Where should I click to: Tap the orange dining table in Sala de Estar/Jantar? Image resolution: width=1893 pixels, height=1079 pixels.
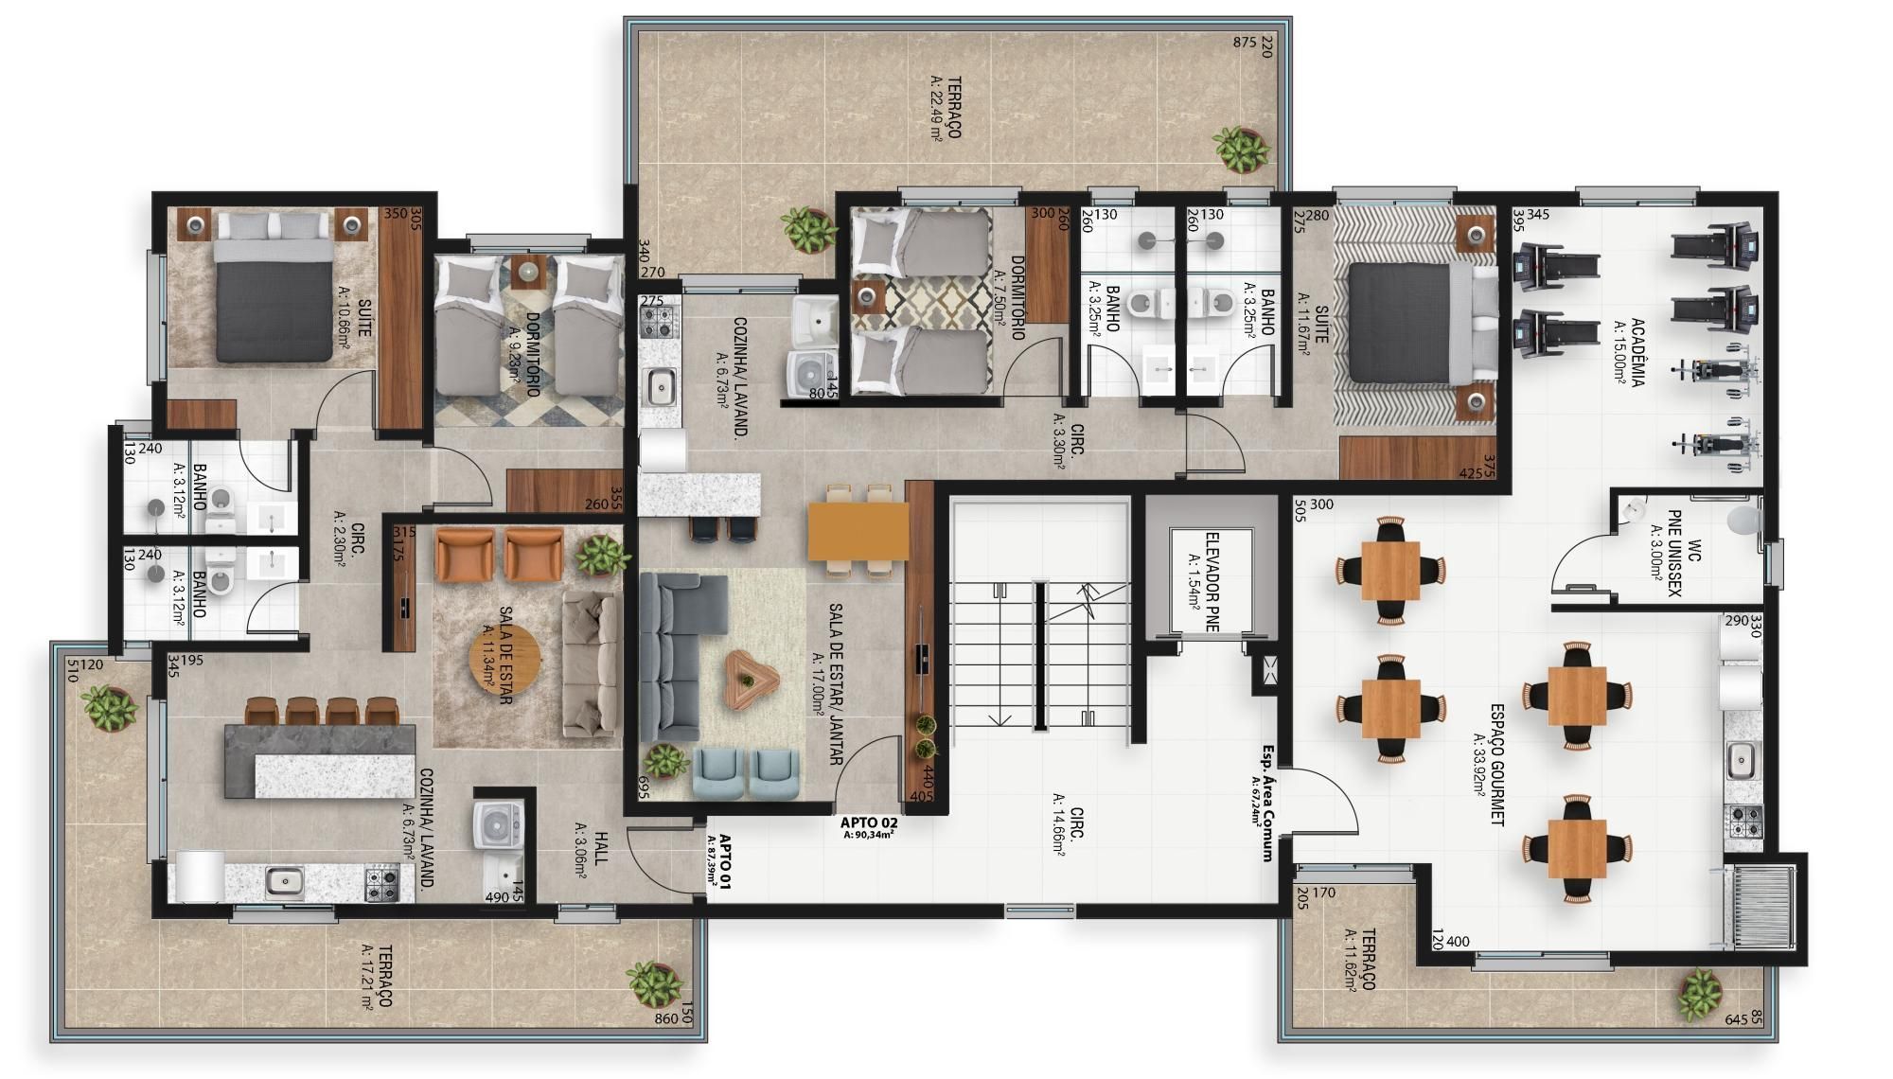[858, 531]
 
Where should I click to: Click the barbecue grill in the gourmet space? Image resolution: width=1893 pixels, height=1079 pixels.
[1761, 906]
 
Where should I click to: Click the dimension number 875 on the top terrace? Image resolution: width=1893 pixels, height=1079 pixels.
[1245, 43]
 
